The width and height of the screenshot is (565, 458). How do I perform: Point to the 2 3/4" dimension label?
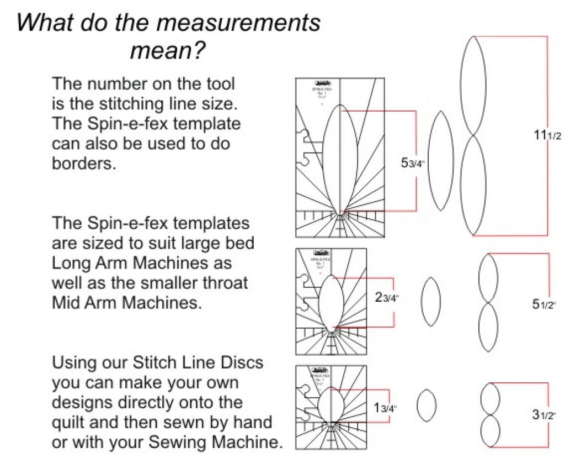tap(386, 298)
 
